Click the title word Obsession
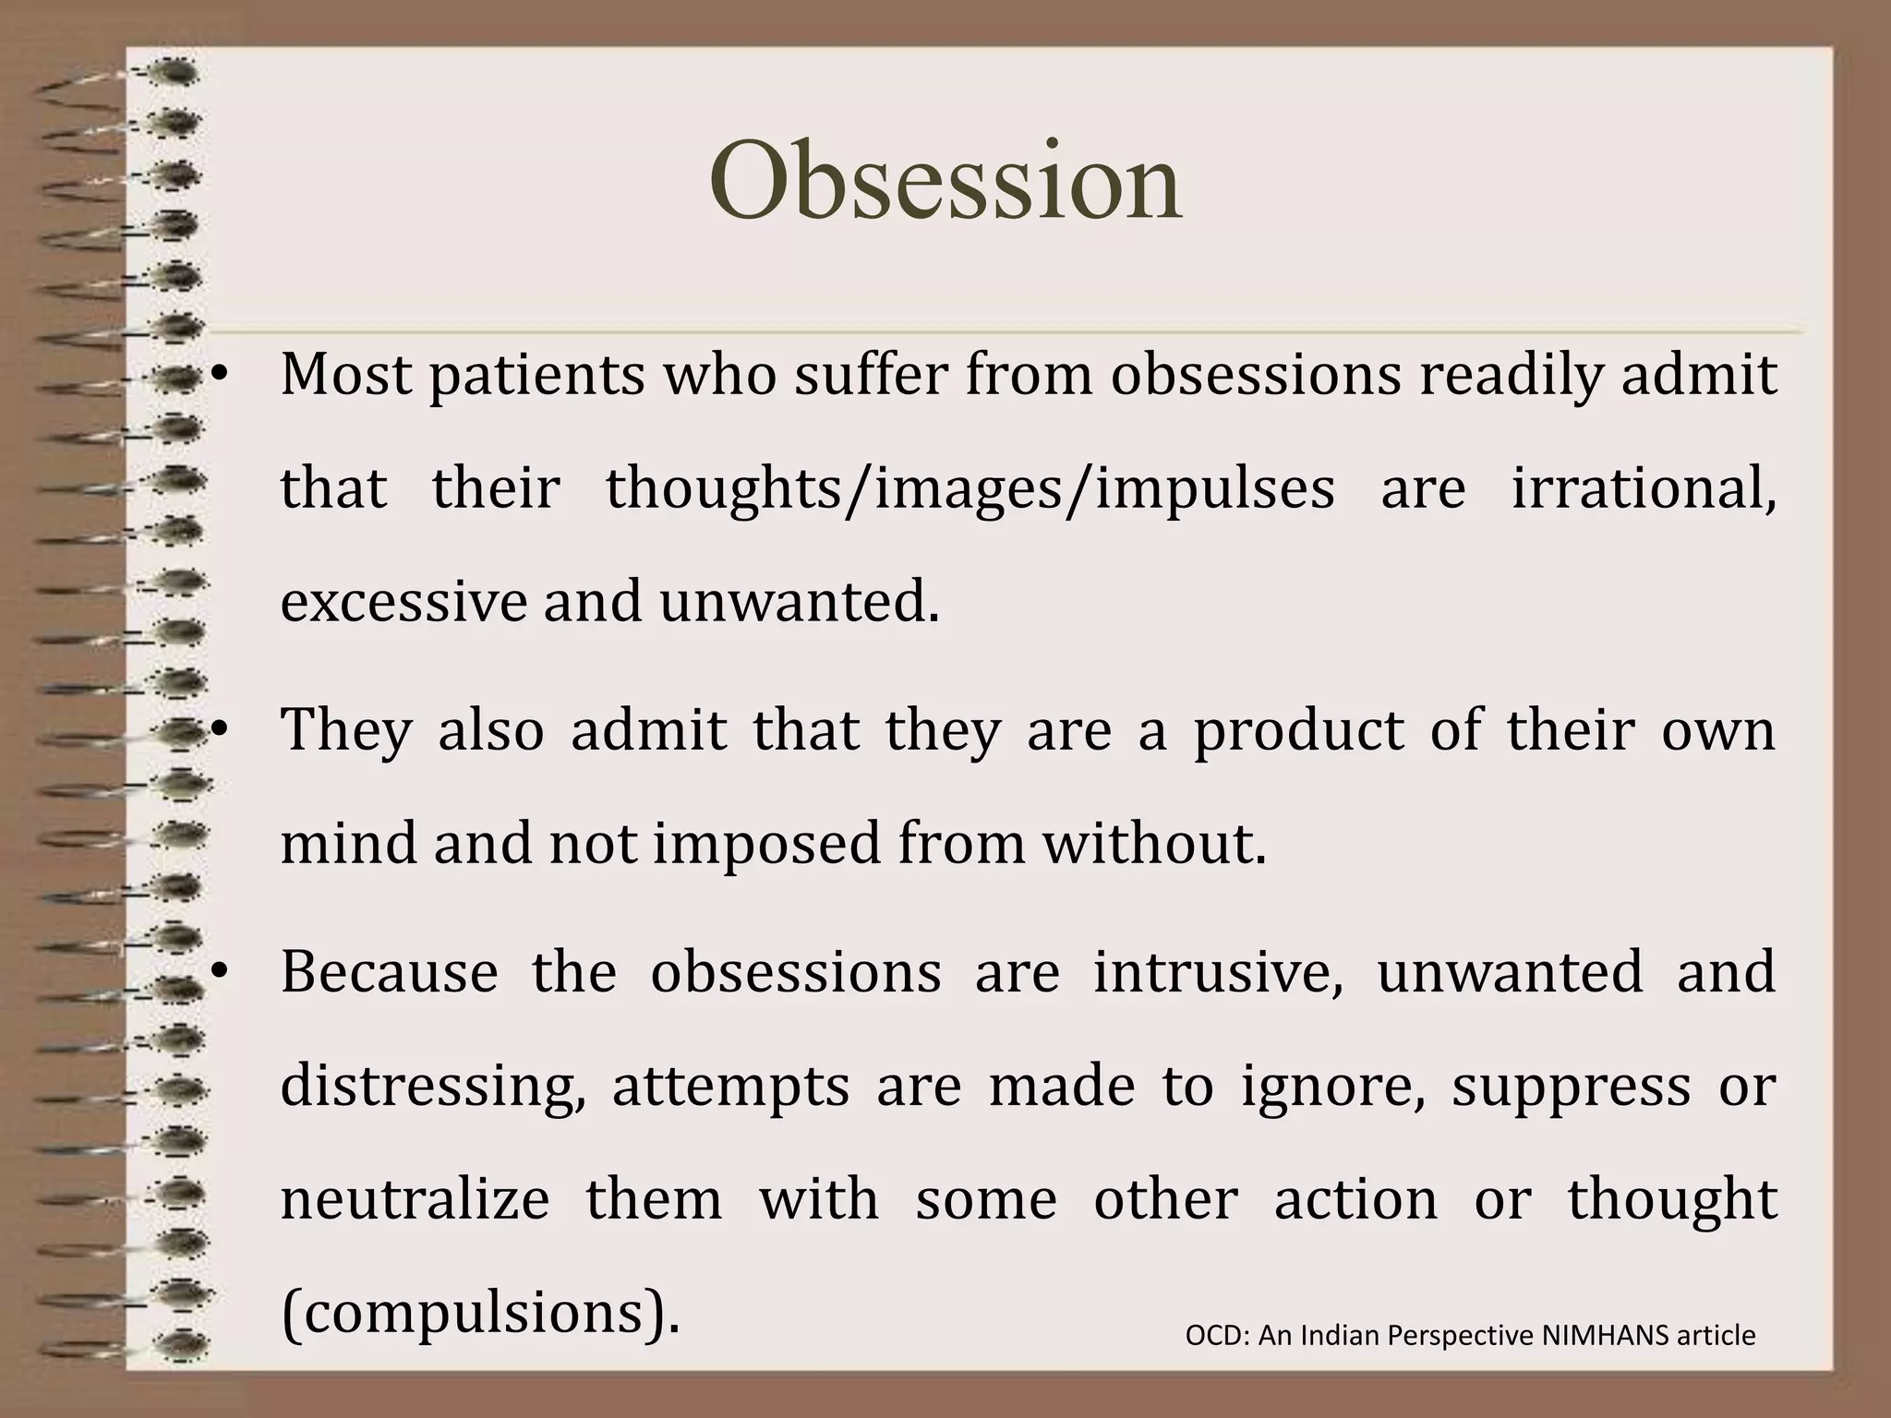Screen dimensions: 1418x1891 (x=945, y=180)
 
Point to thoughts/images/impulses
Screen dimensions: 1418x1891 (x=970, y=490)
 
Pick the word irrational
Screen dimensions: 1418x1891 (x=1644, y=489)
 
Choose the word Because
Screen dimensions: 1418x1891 (x=389, y=973)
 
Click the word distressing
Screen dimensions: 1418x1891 (x=433, y=1088)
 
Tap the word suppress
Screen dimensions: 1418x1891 (x=1571, y=1088)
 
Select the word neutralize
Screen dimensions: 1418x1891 (x=415, y=1199)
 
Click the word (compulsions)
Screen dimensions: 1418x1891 (x=480, y=1314)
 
